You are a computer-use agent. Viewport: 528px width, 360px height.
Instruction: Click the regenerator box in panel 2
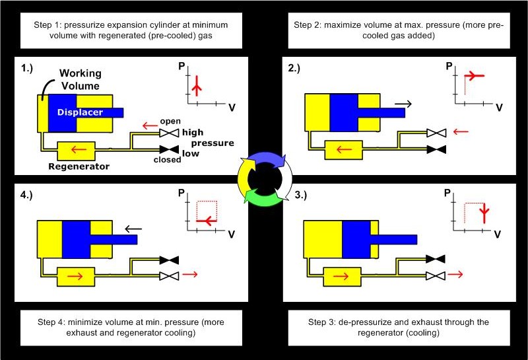(x=343, y=149)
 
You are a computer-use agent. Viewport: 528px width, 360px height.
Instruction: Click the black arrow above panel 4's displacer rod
(x=134, y=229)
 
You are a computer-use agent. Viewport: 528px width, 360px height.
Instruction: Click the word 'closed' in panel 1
(x=167, y=159)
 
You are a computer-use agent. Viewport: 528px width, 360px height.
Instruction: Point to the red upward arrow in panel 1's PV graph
(x=195, y=85)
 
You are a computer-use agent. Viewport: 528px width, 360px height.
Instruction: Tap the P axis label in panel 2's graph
(x=449, y=66)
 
